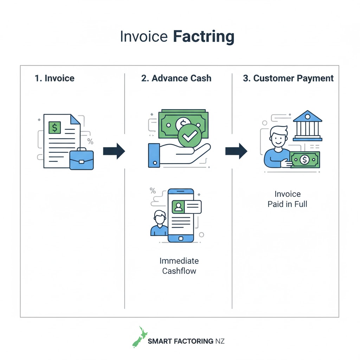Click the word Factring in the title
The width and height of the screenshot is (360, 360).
point(204,37)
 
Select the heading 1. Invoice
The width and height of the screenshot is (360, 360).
point(54,78)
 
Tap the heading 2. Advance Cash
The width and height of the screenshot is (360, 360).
point(176,78)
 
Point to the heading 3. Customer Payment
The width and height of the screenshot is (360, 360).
point(288,78)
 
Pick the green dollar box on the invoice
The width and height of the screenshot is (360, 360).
point(54,127)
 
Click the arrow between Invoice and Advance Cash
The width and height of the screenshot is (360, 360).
point(114,151)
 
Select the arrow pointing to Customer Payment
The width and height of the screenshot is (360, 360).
point(236,151)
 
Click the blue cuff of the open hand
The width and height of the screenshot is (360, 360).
point(154,155)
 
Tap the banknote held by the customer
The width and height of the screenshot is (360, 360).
point(304,160)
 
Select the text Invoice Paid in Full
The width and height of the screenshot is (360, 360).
point(288,199)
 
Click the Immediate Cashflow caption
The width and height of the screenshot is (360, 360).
point(179,266)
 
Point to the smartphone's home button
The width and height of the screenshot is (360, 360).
point(181,238)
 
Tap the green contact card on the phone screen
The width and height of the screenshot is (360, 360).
point(178,207)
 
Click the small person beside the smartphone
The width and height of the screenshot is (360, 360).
point(159,224)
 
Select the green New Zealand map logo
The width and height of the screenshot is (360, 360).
point(140,336)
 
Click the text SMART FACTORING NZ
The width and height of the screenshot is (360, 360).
point(186,341)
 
